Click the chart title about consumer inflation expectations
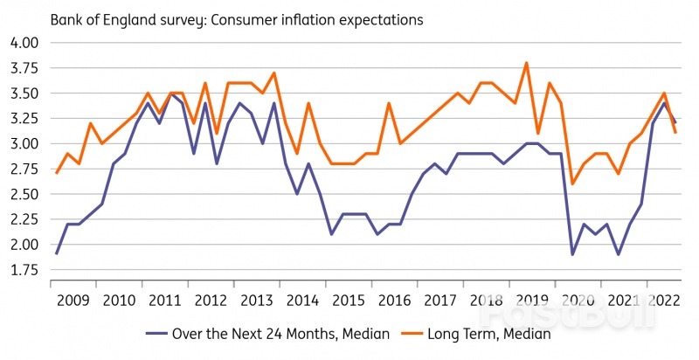coord(237,18)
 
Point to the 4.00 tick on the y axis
coord(24,43)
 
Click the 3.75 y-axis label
coord(24,68)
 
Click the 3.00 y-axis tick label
coord(24,143)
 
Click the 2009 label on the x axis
coord(73,300)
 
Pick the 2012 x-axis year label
coord(211,300)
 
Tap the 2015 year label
coord(348,300)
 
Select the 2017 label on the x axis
coord(439,300)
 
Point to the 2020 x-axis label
coord(577,300)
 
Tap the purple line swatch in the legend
coord(159,333)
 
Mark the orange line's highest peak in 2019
coord(526,63)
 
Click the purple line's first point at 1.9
coord(57,254)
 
